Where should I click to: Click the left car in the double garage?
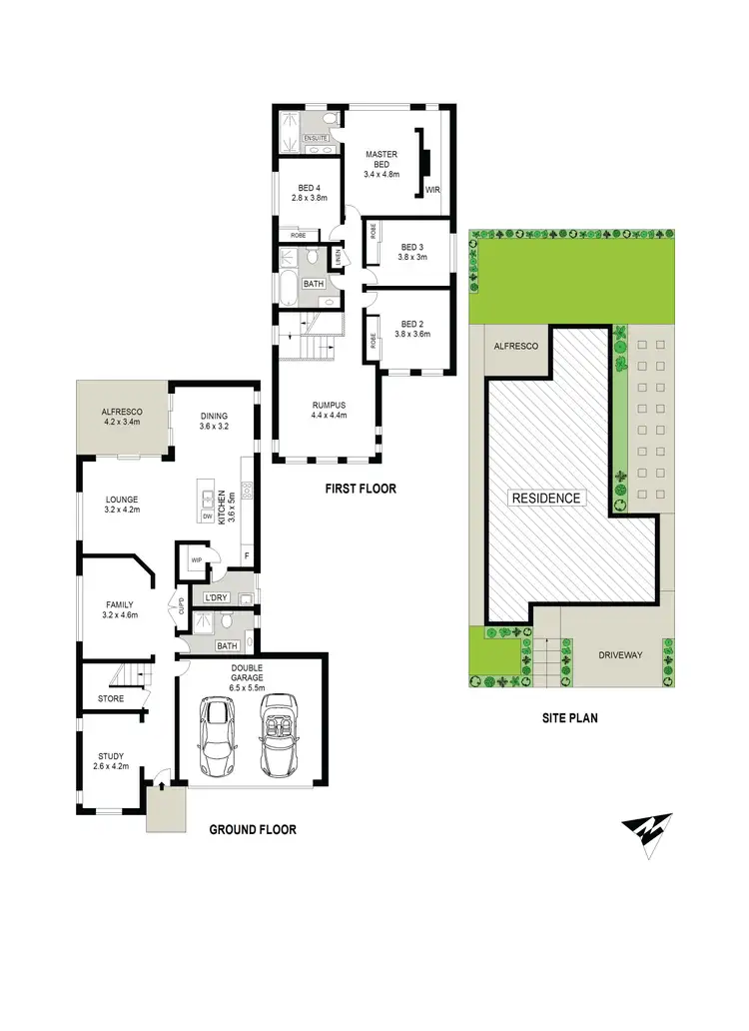tap(217, 736)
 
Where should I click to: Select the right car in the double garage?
tap(279, 736)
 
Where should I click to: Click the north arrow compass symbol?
tap(647, 832)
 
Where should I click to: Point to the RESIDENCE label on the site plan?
tap(545, 498)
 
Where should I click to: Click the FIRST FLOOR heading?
tap(360, 490)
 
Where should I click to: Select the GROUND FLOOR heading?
tap(252, 829)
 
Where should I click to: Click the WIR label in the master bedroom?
tap(432, 188)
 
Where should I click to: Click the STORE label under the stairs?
tap(111, 698)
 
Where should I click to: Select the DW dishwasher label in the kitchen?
tap(207, 516)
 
